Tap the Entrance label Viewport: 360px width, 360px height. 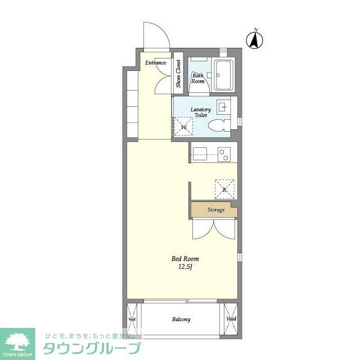click(156, 62)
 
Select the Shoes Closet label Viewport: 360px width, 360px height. click(178, 74)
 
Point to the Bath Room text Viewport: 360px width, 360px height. click(197, 78)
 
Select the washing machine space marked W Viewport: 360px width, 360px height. click(183, 126)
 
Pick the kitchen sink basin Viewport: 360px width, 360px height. click(201, 152)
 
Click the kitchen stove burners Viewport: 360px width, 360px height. click(225, 152)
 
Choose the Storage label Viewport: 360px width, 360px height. click(215, 210)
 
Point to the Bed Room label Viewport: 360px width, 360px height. click(184, 259)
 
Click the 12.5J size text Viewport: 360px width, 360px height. click(185, 267)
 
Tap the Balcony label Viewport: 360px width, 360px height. click(181, 319)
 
